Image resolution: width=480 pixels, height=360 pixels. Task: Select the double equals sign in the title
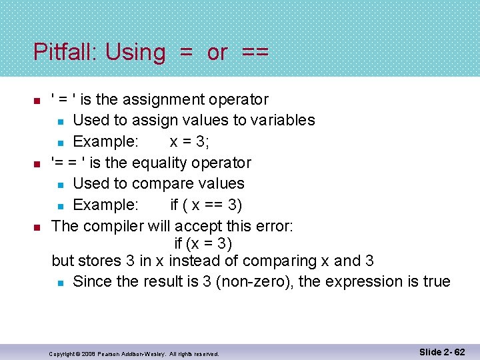tap(255, 53)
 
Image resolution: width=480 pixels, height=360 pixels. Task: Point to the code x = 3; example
tap(196, 141)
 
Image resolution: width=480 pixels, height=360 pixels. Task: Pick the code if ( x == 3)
tap(205, 205)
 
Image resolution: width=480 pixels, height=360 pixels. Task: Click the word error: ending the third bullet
tap(271, 226)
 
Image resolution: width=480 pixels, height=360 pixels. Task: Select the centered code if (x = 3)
tap(203, 244)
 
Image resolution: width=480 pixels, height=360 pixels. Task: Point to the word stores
tap(100, 261)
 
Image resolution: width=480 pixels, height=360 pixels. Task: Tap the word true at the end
tap(436, 281)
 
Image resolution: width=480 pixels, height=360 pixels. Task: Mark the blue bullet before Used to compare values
tap(60, 184)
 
